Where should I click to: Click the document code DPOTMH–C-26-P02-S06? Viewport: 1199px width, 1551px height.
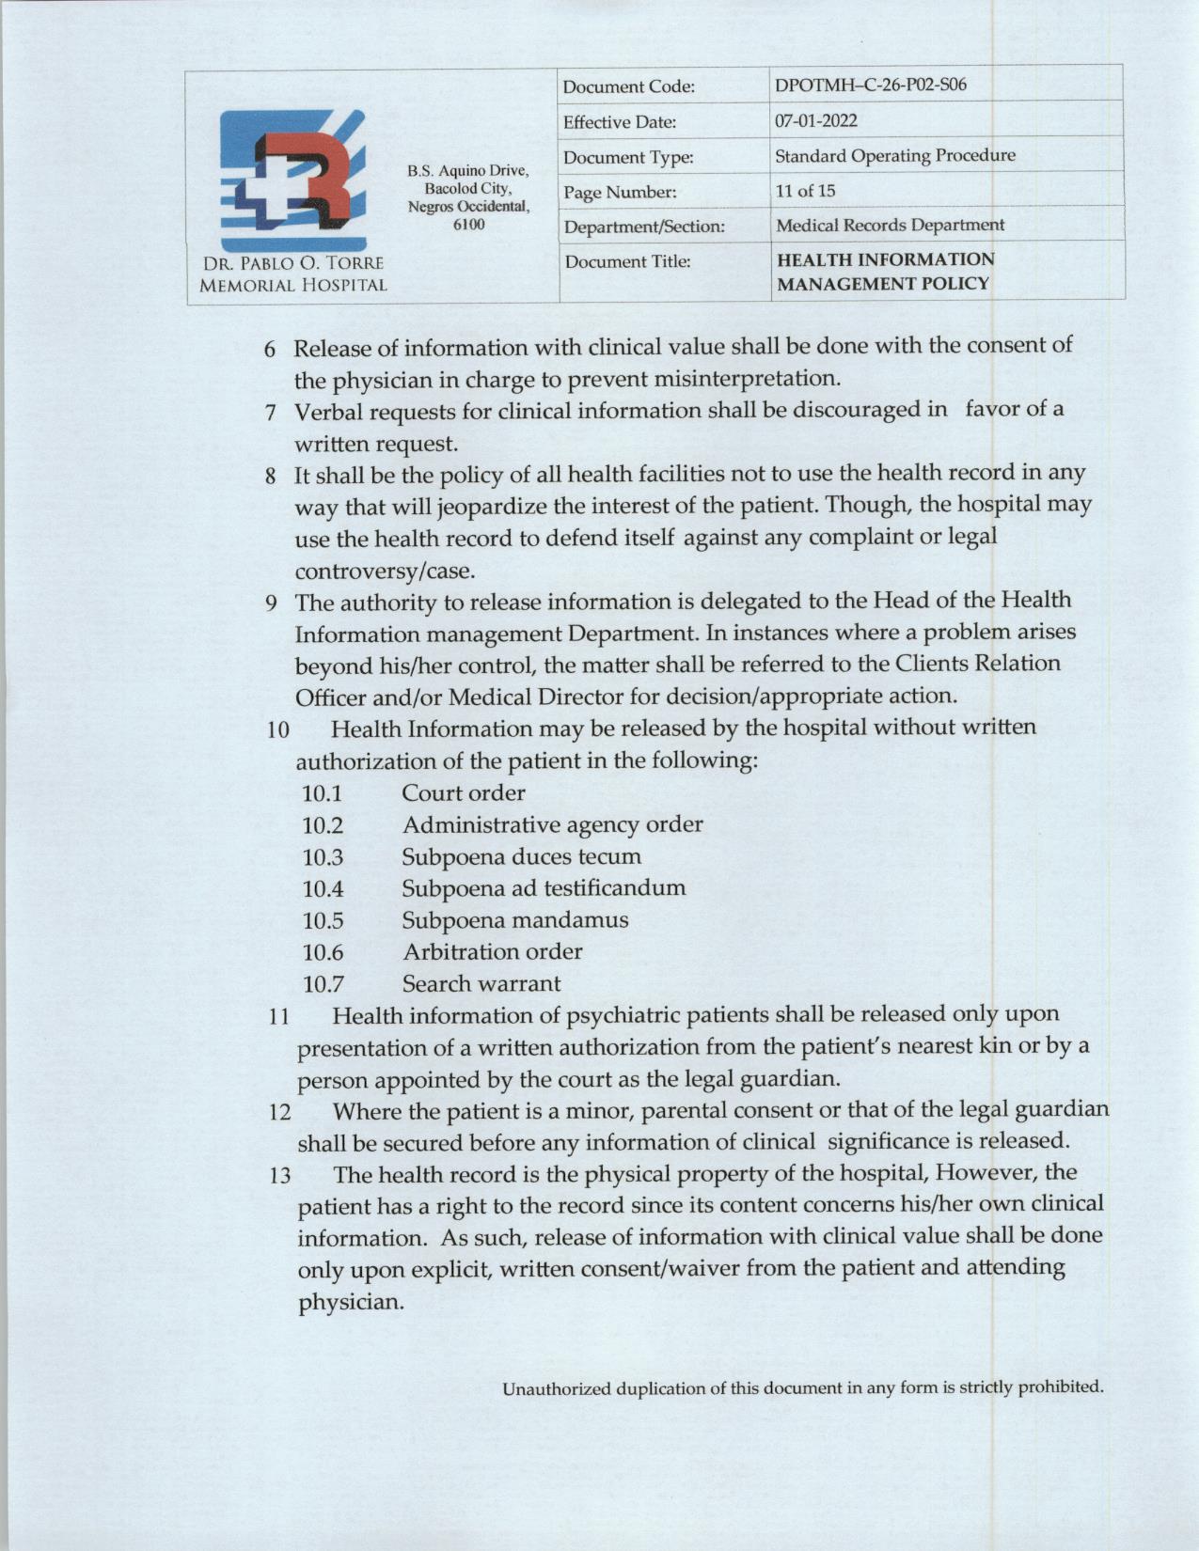pos(870,86)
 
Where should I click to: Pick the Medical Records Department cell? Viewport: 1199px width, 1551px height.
pos(890,226)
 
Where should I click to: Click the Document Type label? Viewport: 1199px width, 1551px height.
pos(628,158)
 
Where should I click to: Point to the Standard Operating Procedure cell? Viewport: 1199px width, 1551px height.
pos(894,155)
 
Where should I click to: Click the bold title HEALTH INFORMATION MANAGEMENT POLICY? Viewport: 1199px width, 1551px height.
pos(884,271)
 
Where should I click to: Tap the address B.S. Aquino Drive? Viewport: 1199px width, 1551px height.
pos(468,171)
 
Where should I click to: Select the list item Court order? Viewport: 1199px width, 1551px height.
pos(464,792)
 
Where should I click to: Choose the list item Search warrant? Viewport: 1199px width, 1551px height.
pos(481,983)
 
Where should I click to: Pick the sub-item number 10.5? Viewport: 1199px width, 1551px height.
pos(323,920)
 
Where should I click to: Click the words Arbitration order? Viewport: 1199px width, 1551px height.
pos(492,951)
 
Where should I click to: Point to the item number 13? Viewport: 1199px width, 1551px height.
pos(279,1175)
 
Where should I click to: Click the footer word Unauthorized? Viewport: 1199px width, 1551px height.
pos(556,1388)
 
